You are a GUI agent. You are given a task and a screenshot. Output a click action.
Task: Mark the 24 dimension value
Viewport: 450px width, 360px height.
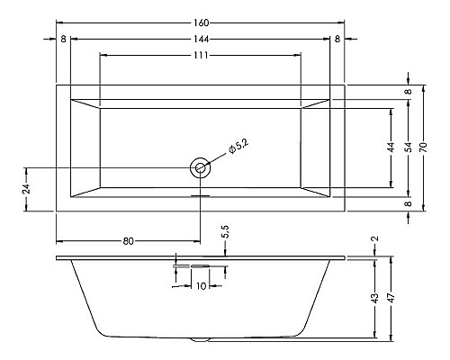27,189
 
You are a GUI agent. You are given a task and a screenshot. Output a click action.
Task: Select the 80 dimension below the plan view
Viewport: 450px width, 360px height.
128,240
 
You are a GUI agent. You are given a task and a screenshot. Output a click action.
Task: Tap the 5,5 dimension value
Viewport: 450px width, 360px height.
225,233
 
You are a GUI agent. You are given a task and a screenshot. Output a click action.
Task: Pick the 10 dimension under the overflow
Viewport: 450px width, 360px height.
200,285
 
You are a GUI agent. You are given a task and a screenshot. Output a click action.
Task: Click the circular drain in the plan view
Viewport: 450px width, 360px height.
200,167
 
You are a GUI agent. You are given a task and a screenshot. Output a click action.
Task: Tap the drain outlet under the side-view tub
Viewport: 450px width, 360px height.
200,339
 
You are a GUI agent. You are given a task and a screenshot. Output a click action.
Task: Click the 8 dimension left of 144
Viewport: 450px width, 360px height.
63,39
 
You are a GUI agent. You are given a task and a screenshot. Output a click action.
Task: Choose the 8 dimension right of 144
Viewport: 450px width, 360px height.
337,39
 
